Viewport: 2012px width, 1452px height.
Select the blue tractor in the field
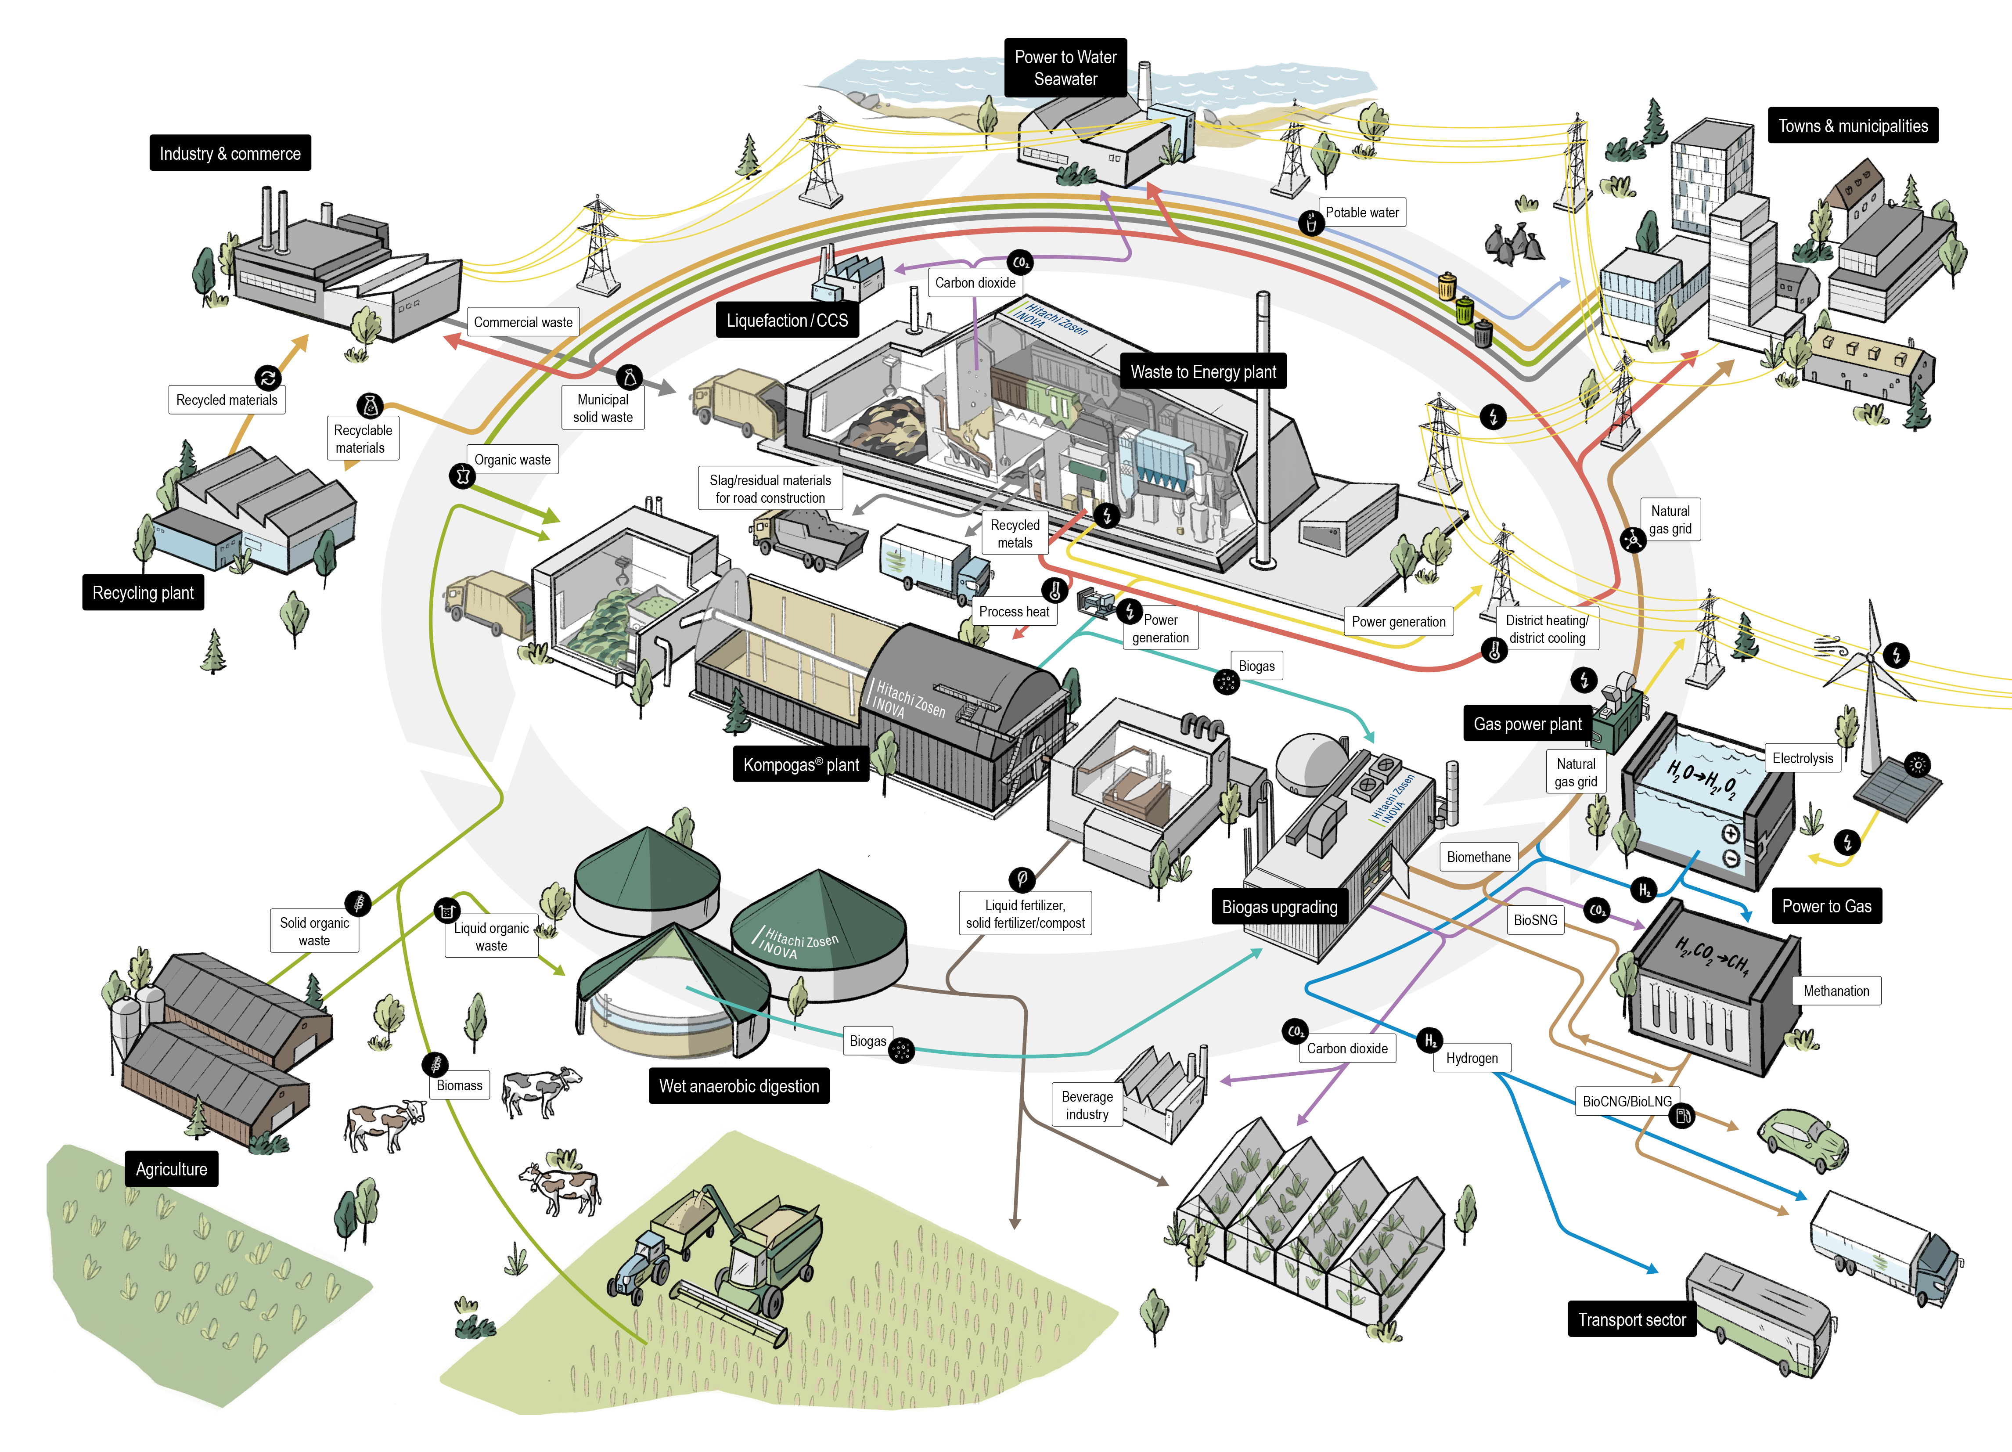[x=637, y=1267]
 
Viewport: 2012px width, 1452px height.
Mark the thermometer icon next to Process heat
[x=1055, y=591]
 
